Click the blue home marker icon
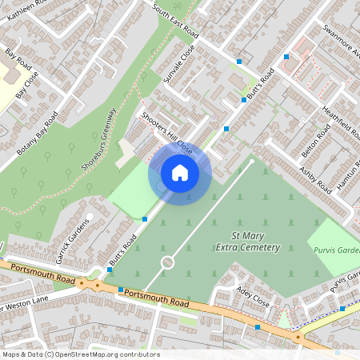tap(180, 173)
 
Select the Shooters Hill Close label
tap(167, 133)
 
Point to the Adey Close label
tap(254, 298)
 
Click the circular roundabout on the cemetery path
tap(167, 262)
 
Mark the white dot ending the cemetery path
tap(252, 162)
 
